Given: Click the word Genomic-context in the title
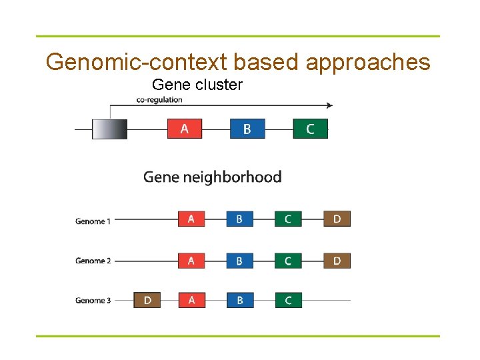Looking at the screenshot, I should point(136,62).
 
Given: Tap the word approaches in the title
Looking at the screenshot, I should point(368,62).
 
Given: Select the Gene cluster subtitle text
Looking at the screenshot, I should point(197,85).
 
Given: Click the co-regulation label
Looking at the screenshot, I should point(159,100).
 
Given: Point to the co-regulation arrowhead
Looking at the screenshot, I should point(329,105).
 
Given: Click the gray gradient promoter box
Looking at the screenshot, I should point(109,129).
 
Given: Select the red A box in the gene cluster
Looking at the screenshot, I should point(185,129).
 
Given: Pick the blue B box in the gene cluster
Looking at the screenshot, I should point(247,129).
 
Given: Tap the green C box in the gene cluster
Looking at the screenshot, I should point(311,129).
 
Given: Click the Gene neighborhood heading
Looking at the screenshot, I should point(213,177).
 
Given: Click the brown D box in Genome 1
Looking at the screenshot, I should point(337,219).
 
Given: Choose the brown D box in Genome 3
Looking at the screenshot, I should point(147,300).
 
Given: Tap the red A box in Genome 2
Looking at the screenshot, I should point(191,260).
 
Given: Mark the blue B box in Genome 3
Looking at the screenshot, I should point(240,300).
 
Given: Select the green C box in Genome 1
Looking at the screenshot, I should point(288,219).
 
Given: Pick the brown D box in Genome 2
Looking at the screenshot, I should point(337,260).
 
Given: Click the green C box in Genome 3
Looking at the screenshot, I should point(288,300).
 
